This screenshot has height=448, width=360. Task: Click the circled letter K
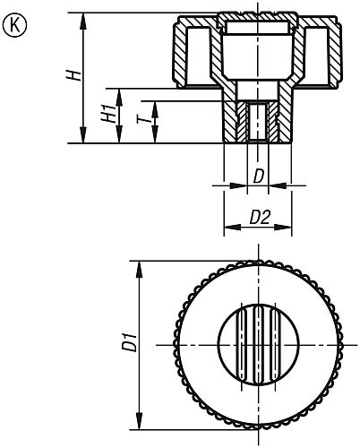tap(14, 25)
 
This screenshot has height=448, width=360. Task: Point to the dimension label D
tap(259, 177)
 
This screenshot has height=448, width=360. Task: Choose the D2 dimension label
tap(260, 217)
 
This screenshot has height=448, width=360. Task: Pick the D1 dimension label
tap(130, 342)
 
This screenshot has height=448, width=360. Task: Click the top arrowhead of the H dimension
tap(83, 21)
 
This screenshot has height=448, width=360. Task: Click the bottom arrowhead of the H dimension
tap(83, 135)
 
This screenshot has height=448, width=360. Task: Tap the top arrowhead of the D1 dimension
tap(139, 270)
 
